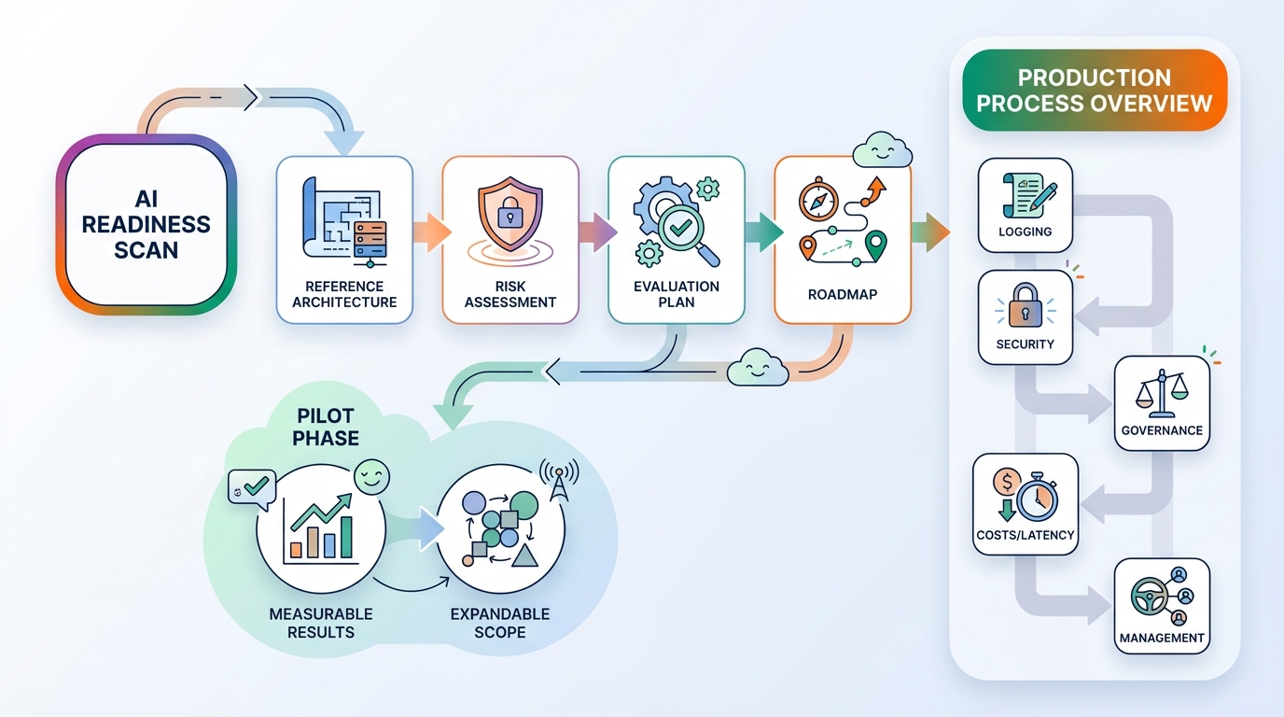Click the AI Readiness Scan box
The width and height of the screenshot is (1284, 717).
pyautogui.click(x=147, y=225)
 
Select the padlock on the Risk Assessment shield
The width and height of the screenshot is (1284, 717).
pyautogui.click(x=509, y=216)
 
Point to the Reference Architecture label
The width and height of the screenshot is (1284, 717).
pyautogui.click(x=344, y=293)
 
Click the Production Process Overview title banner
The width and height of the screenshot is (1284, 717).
pyautogui.click(x=1094, y=90)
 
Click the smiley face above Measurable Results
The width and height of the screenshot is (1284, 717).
pyautogui.click(x=372, y=479)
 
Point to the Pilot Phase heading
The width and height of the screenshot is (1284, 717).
pyautogui.click(x=326, y=426)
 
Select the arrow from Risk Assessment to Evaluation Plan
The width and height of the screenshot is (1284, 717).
pyautogui.click(x=596, y=232)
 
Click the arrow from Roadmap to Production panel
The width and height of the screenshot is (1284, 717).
pyautogui.click(x=929, y=232)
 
